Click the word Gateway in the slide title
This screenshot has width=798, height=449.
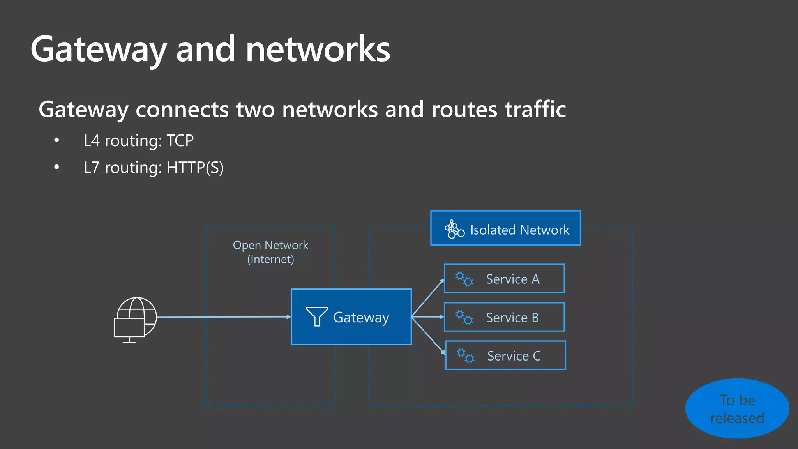(x=99, y=50)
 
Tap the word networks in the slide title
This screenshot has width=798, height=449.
(x=318, y=50)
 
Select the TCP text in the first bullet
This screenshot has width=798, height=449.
(x=180, y=141)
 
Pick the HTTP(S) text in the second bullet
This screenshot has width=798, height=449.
(x=195, y=168)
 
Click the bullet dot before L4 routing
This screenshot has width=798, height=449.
(x=57, y=140)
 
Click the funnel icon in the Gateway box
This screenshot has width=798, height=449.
(x=317, y=316)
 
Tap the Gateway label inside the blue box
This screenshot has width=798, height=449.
(x=361, y=317)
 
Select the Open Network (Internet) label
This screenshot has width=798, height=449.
(x=270, y=252)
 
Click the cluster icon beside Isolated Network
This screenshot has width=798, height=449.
(x=454, y=229)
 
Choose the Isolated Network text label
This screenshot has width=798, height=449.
(x=519, y=230)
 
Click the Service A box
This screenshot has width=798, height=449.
(x=504, y=278)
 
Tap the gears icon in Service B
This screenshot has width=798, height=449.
(x=464, y=318)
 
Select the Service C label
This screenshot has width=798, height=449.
(x=514, y=356)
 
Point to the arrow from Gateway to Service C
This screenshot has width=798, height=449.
(x=429, y=336)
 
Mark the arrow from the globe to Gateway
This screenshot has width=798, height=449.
(x=224, y=317)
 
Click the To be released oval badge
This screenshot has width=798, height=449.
(x=737, y=408)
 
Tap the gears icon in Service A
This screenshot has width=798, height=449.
(x=464, y=279)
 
